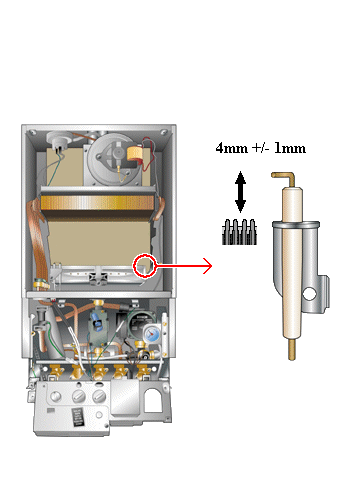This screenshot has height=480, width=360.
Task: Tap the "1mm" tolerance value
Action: [290, 148]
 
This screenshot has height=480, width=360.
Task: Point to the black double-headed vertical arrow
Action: [240, 192]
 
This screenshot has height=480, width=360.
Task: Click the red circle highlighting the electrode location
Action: [145, 265]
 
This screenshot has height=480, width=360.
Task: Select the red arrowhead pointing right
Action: [208, 266]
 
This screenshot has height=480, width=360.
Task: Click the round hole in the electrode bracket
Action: [310, 294]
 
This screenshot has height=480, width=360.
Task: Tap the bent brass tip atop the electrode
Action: [284, 178]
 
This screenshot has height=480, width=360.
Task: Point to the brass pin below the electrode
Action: [292, 350]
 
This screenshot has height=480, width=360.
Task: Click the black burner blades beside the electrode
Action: [239, 232]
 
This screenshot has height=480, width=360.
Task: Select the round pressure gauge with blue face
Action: [152, 334]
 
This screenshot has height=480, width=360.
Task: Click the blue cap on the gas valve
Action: [97, 323]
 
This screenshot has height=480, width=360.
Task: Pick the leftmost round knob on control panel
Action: [55, 397]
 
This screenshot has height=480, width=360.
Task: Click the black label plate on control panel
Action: [78, 417]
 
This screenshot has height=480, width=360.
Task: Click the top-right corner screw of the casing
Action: [164, 132]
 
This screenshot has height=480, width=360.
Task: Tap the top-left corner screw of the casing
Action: [32, 132]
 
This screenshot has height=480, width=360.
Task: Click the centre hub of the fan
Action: [118, 153]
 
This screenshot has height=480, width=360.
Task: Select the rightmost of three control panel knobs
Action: [99, 397]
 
